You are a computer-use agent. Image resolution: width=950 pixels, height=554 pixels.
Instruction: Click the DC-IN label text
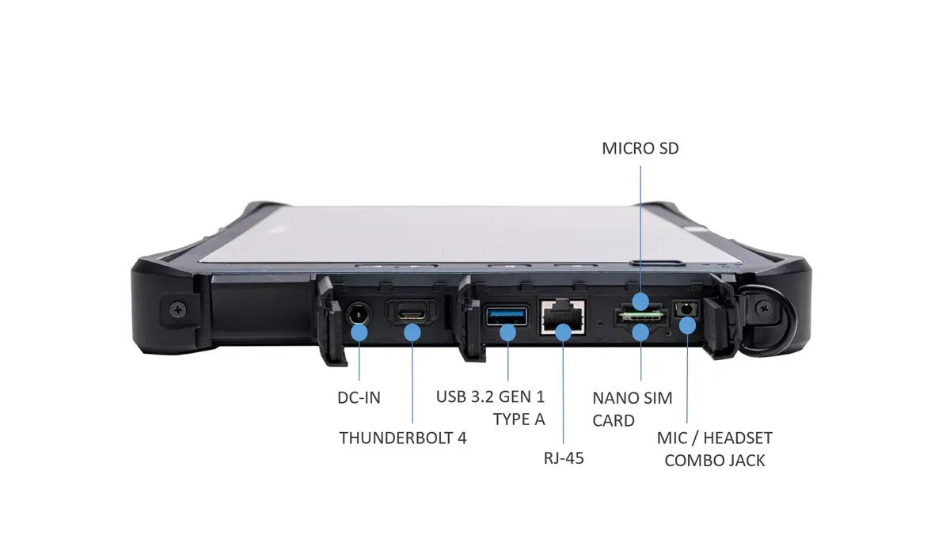(359, 398)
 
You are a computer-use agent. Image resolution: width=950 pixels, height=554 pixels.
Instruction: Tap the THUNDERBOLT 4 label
(403, 438)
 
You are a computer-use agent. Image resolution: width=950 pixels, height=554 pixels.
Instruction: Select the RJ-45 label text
(564, 457)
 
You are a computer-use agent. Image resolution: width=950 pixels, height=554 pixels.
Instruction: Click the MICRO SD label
(640, 148)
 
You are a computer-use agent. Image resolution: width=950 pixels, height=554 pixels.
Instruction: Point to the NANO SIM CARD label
(633, 408)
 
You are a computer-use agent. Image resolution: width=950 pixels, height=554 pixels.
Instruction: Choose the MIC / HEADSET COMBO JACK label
(714, 449)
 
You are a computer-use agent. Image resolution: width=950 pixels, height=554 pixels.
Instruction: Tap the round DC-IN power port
(359, 316)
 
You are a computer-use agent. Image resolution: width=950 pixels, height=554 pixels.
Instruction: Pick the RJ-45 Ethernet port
(563, 318)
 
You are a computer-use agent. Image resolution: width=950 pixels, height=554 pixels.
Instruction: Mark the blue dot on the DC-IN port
(359, 332)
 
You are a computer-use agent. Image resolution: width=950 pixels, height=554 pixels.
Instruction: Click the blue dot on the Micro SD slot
(641, 302)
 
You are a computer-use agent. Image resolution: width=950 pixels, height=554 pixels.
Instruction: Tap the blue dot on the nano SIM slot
(641, 332)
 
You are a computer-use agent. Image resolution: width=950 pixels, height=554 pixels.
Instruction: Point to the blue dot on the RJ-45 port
(563, 332)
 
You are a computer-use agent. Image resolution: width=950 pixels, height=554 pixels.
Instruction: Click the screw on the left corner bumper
(174, 306)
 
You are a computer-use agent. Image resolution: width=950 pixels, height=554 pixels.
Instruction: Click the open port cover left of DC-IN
(331, 324)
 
